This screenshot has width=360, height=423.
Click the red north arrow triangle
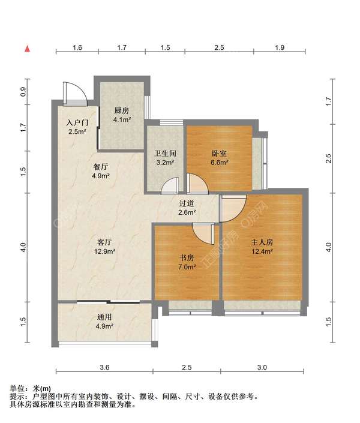coord(27,49)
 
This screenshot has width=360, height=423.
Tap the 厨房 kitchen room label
coord(122,110)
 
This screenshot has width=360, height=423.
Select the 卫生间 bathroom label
coord(165,154)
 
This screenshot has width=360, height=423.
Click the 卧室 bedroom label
coord(219,154)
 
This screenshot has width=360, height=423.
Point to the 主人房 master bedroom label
coord(262,242)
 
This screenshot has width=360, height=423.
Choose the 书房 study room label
coord(187,258)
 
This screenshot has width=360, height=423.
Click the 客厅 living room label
coord(104,242)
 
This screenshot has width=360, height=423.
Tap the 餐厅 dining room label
coord(100,167)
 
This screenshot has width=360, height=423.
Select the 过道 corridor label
coord(187,203)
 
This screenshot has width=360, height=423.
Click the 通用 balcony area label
coord(104,317)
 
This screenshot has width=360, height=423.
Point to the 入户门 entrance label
coord(77,123)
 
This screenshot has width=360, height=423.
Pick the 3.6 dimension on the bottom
coord(104,367)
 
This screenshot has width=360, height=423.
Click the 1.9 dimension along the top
coord(280,47)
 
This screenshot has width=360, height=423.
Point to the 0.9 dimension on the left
coord(23,92)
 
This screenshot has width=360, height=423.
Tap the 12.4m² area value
coord(262,251)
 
